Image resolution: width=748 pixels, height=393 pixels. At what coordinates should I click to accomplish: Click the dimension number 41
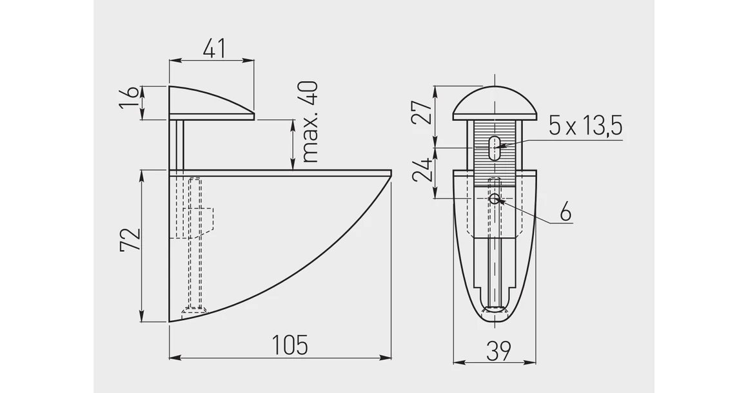[x=213, y=48]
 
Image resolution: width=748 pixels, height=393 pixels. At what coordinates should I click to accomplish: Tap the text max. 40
[x=310, y=122]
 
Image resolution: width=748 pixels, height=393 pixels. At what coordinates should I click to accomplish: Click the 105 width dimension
[x=290, y=345]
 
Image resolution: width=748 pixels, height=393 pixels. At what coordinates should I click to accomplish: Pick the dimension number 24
[x=422, y=169]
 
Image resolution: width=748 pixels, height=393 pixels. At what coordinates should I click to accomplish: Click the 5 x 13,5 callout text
[x=586, y=127]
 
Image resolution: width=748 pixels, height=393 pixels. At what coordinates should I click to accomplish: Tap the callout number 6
[x=565, y=212]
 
